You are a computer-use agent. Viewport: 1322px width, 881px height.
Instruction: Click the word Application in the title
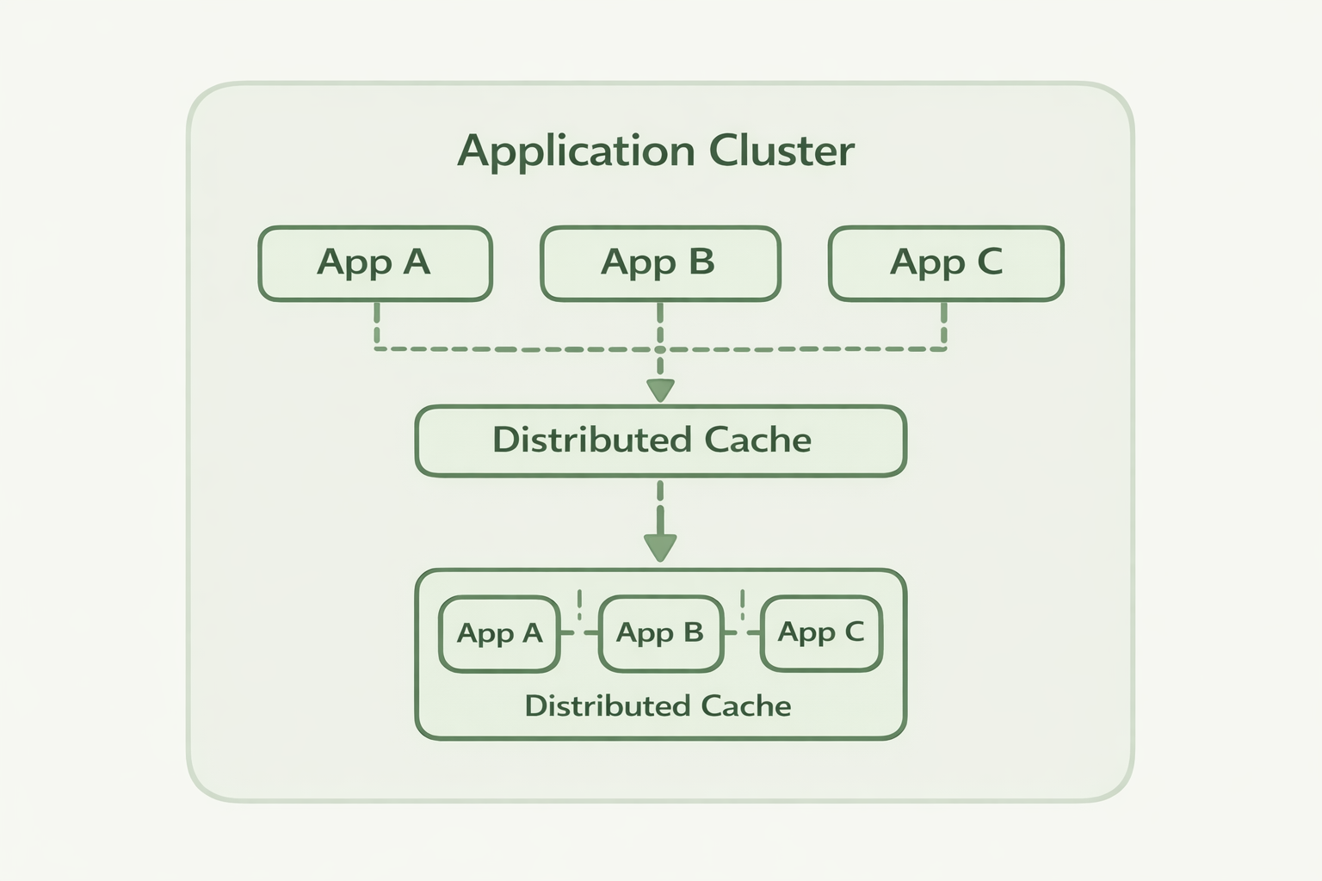point(575,152)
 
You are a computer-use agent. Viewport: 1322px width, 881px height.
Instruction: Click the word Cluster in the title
point(781,151)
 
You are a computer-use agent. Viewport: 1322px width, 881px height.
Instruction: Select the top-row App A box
point(374,263)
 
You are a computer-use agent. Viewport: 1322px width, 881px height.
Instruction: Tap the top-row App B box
point(659,263)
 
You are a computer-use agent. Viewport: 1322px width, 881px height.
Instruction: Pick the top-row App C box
point(946,263)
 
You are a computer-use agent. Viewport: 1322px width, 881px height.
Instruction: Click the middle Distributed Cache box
point(660,440)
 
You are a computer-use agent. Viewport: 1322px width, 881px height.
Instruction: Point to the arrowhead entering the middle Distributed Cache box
point(660,391)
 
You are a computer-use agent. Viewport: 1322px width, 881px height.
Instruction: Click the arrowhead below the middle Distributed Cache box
point(660,547)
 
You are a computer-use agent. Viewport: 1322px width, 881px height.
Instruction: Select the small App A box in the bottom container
point(499,634)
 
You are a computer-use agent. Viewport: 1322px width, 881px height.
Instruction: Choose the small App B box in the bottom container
point(660,634)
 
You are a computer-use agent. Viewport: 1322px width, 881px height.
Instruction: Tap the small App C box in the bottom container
point(821,633)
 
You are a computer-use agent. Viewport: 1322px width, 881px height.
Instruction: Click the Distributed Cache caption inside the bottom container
point(658,706)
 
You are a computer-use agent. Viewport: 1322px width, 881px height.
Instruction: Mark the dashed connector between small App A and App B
point(579,631)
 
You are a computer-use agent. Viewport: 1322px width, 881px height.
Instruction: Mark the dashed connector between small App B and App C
point(742,631)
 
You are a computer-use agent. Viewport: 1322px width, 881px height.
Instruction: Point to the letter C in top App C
point(990,262)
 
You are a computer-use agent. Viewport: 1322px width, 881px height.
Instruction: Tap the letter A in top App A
point(417,262)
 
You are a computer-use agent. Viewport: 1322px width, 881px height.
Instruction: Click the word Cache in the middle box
point(757,440)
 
